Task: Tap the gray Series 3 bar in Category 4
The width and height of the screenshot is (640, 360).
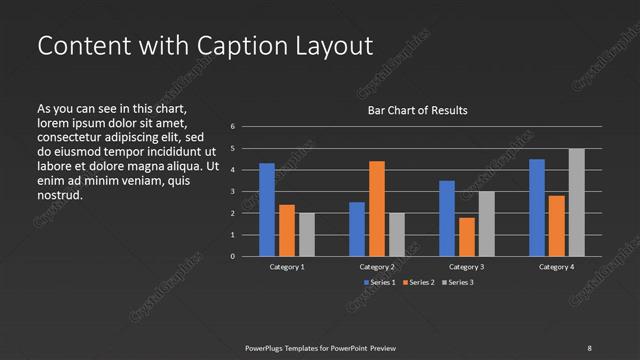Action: coord(576,203)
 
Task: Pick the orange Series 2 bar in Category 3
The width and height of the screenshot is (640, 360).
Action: coord(467,237)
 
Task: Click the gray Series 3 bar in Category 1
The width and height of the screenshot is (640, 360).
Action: coord(306,235)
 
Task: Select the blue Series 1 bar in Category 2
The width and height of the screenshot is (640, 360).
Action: coord(357,229)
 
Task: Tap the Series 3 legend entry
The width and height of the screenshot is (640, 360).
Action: coord(460,283)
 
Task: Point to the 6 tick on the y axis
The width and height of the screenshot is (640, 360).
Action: coord(232,126)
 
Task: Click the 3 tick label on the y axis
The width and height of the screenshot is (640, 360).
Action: coord(232,191)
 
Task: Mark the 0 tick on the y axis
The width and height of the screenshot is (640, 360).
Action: coord(232,257)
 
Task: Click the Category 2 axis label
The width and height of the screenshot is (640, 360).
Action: coord(377,268)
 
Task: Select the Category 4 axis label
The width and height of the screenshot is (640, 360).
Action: coord(556,268)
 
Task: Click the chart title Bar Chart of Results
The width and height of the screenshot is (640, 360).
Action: coord(418,110)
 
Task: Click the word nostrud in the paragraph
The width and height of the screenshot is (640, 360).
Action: coord(59,195)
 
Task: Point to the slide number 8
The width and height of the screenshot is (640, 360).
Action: coord(589,347)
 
